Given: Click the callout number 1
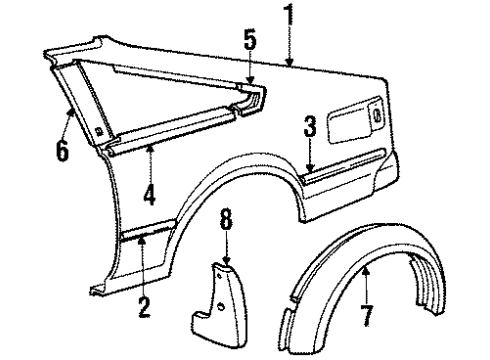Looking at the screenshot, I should (291, 15).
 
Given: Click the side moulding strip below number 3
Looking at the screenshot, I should (345, 172).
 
